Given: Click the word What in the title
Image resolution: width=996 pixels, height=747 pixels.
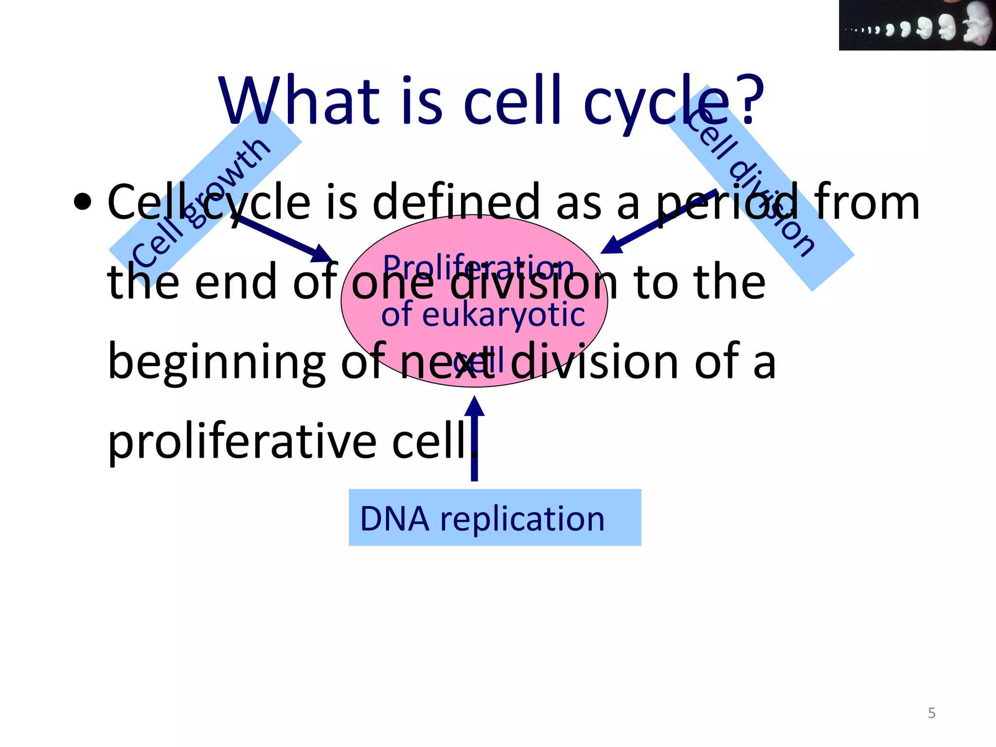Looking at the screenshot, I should pyautogui.click(x=299, y=101).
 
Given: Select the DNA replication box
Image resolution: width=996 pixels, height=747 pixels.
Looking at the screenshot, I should pyautogui.click(x=495, y=517).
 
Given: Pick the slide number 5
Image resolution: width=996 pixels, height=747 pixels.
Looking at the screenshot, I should pyautogui.click(x=931, y=713).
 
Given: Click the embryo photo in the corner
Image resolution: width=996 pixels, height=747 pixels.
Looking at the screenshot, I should pyautogui.click(x=917, y=25).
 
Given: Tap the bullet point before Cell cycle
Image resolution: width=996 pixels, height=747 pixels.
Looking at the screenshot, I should pyautogui.click(x=83, y=202).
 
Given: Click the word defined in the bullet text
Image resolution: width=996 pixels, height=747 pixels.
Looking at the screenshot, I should pyautogui.click(x=456, y=202).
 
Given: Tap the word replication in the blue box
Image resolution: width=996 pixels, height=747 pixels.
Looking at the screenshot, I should pyautogui.click(x=522, y=518).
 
